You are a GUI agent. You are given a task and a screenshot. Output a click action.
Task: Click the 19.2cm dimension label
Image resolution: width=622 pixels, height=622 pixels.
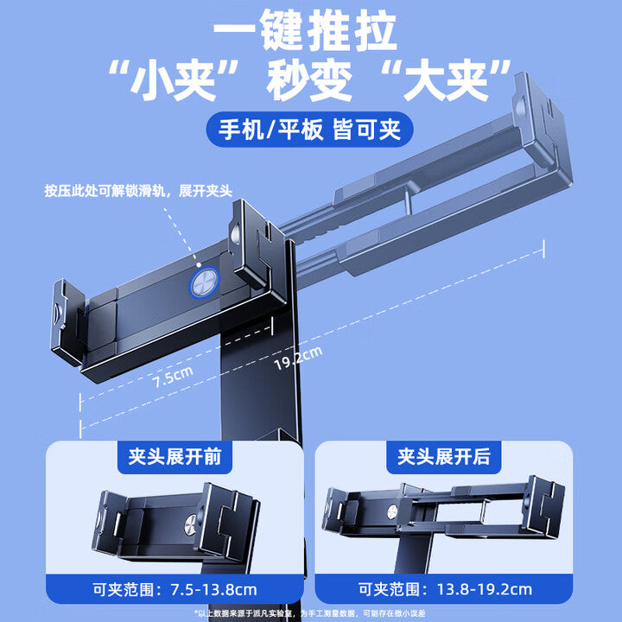(298, 356)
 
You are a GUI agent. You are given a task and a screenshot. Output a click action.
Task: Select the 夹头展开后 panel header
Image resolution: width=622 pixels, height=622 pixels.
(443, 457)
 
